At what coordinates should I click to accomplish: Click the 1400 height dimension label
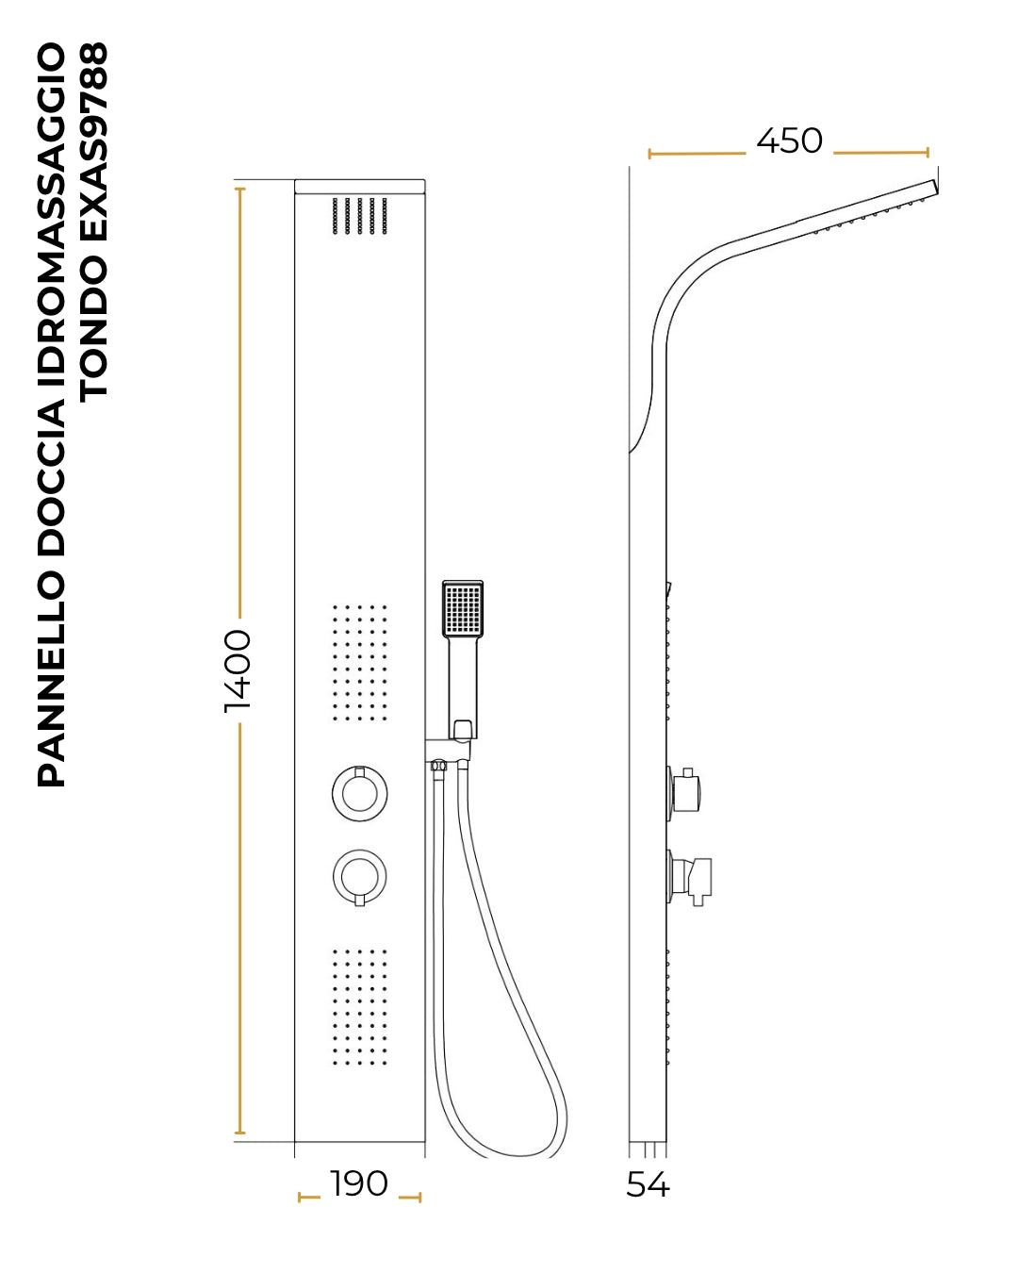point(238,670)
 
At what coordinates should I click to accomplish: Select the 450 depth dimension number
point(789,141)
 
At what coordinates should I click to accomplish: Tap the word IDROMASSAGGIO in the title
point(51,217)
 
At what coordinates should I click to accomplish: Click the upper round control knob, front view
point(360,794)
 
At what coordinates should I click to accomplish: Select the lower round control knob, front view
point(360,877)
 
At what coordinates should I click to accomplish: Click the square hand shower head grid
point(463,609)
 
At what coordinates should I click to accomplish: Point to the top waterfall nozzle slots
point(360,216)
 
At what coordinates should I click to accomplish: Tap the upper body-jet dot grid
point(360,663)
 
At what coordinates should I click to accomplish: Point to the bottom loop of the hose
point(520,1150)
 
